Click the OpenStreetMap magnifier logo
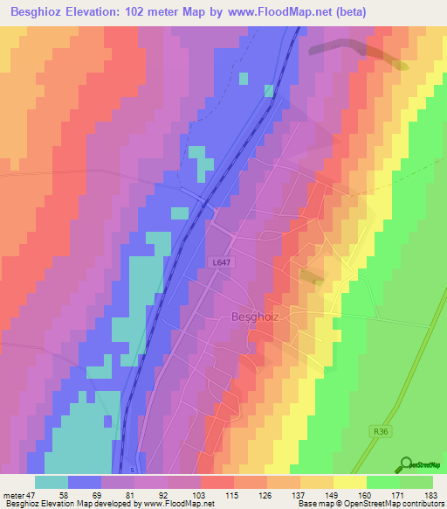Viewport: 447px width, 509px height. click(x=405, y=464)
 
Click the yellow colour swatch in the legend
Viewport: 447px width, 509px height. click(x=349, y=482)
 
